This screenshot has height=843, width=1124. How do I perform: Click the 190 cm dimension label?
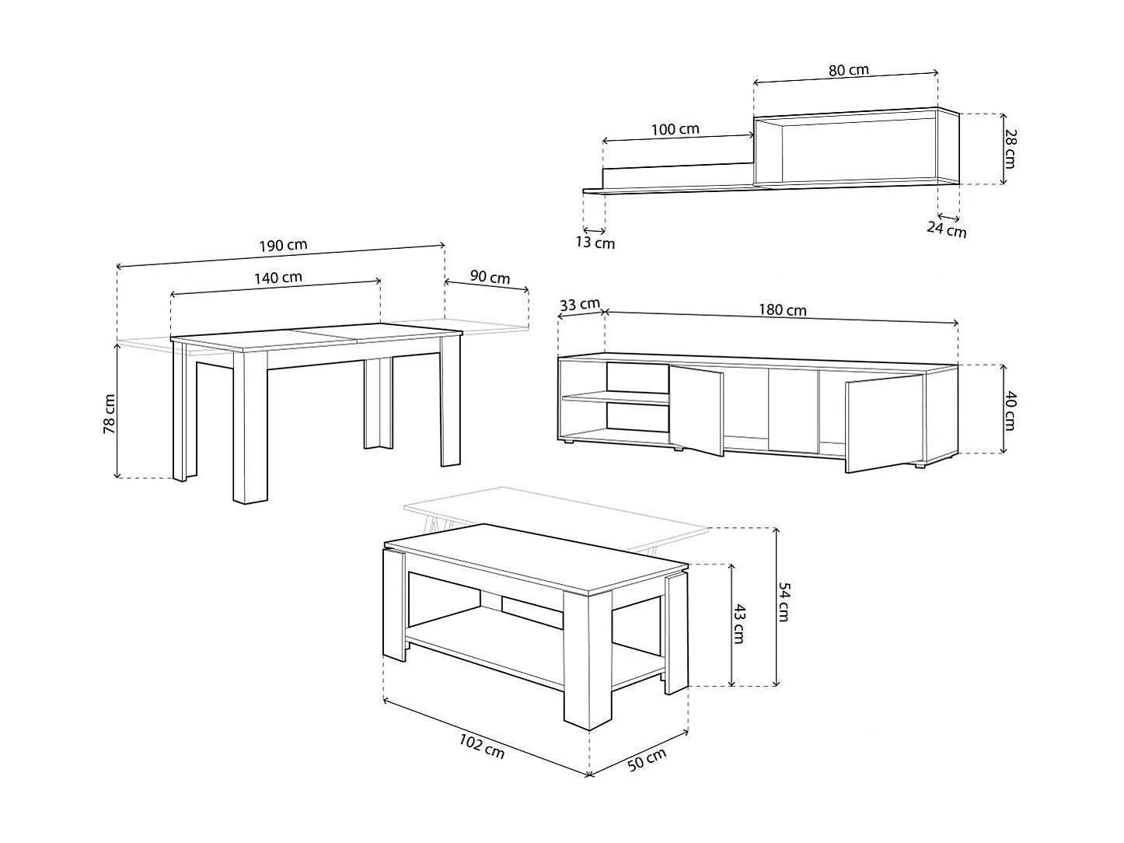click(x=283, y=245)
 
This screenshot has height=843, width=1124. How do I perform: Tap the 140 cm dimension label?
click(x=278, y=278)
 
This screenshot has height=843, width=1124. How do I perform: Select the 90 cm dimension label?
click(x=490, y=277)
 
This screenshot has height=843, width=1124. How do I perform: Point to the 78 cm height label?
click(x=110, y=414)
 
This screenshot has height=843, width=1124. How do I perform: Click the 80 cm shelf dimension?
click(x=849, y=70)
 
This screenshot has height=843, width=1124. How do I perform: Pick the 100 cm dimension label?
click(x=675, y=129)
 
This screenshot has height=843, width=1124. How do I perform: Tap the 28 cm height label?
click(x=1011, y=149)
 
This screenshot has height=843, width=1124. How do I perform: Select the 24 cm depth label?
click(x=947, y=229)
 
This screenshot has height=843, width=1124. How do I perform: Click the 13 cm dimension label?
click(x=595, y=243)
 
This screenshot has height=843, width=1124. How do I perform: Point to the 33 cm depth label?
click(x=580, y=304)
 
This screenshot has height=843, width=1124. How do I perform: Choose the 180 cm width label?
click(x=783, y=310)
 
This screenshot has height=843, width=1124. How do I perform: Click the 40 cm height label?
click(x=1011, y=411)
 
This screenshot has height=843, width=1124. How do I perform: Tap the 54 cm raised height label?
click(x=784, y=602)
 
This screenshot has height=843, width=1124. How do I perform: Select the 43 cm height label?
click(x=739, y=624)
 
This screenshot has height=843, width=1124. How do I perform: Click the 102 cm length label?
click(x=481, y=747)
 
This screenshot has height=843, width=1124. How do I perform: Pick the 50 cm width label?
click(x=647, y=760)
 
